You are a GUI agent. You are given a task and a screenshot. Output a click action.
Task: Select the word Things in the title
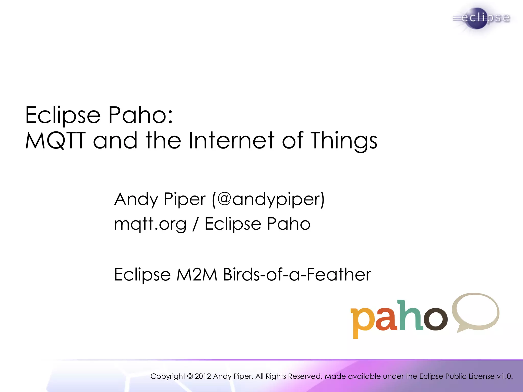(x=344, y=141)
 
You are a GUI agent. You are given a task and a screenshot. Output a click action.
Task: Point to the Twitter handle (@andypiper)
(x=268, y=199)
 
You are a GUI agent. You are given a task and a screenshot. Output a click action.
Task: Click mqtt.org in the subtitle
(x=150, y=224)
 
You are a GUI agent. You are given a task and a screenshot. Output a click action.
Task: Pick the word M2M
(x=197, y=275)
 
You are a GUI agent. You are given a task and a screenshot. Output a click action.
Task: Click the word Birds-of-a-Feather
(x=297, y=275)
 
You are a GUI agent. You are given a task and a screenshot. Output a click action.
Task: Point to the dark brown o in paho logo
(x=435, y=319)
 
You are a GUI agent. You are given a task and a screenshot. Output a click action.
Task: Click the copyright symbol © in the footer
(x=190, y=376)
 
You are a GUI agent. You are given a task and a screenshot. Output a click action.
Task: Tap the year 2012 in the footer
(x=203, y=376)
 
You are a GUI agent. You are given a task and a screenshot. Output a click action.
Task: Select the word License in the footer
(x=481, y=376)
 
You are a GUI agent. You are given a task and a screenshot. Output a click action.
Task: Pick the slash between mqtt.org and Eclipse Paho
(x=196, y=224)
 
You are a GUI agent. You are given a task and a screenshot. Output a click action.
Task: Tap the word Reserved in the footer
(x=305, y=376)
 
